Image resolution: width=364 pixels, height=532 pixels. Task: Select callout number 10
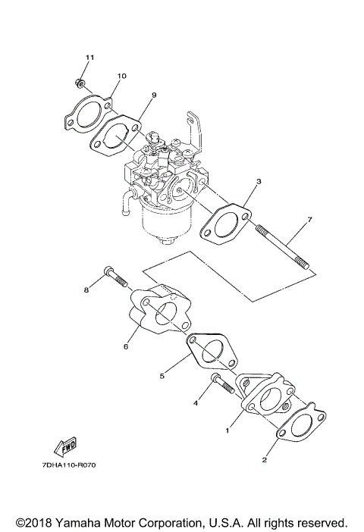pos(121,77)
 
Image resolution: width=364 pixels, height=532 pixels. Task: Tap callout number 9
pos(153,95)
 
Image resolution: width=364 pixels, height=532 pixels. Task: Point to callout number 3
pos(259,183)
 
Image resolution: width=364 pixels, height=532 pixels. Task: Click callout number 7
pos(309,221)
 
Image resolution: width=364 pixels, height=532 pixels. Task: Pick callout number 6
pos(126,347)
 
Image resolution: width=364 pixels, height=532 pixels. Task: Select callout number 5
pos(161,374)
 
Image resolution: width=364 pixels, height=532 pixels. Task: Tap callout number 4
pos(195,404)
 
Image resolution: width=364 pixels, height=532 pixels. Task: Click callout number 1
pos(227,429)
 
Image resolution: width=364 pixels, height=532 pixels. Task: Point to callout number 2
pos(265,459)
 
